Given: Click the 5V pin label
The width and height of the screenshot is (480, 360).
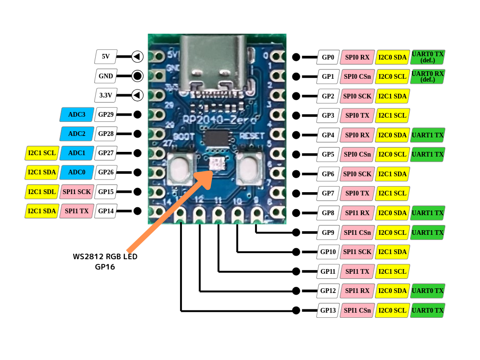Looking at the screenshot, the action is [105, 57].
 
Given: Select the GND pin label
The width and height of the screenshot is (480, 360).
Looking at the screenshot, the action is [105, 76].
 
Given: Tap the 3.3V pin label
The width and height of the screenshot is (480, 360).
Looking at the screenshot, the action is [105, 95].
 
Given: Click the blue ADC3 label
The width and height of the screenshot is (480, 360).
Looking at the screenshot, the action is [77, 114].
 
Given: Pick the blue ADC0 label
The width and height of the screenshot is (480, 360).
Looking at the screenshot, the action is [77, 172].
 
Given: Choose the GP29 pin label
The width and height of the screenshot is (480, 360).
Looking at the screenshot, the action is [106, 114].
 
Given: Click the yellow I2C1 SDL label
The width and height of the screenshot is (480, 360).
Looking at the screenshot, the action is [42, 192].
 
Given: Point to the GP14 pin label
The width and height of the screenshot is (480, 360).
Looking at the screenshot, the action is [106, 211].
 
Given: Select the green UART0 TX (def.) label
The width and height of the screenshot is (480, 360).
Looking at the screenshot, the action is [427, 57].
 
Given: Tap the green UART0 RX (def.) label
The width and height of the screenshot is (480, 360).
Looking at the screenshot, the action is [427, 76].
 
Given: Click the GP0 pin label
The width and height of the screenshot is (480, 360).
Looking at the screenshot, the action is [328, 57].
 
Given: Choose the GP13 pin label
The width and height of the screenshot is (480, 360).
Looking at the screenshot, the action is [328, 310].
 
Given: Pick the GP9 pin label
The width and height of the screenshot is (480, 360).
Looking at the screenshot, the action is [328, 232].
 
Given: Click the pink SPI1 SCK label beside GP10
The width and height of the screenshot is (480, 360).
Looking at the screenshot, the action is [357, 252].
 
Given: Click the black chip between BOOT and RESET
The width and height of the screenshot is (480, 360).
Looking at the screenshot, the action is [217, 138].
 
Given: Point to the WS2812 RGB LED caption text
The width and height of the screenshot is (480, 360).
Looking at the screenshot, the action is [105, 256].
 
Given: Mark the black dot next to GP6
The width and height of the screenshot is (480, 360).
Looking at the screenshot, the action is [296, 174].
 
